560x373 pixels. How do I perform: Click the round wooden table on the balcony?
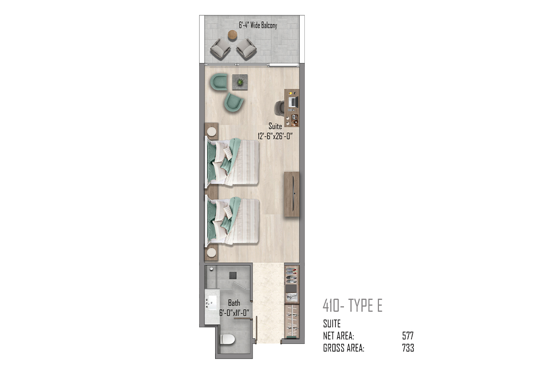coord(232,35)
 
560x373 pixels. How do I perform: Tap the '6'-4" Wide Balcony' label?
coord(258,25)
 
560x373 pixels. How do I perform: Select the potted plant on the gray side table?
coord(240,82)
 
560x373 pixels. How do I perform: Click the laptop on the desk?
coord(293,102)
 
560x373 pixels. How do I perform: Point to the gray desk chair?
coord(280,108)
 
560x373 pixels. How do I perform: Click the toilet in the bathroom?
coord(228,339)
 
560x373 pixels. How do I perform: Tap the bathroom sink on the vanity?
coord(212,303)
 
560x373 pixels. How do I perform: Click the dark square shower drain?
coord(233,275)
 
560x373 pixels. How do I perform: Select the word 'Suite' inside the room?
coord(275,126)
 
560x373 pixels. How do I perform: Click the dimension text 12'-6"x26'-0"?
coord(275,136)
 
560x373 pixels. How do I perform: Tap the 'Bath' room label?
coord(234,303)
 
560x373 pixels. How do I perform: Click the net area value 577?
coord(408,336)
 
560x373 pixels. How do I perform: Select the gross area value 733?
coord(408,348)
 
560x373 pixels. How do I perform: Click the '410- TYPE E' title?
coord(352,305)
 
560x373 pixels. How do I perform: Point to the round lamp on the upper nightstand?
coord(212,131)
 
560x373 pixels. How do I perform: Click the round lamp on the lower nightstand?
coord(211,253)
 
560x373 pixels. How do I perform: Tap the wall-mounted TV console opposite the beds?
coord(292,194)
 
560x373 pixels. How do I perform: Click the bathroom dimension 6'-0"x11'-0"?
coord(234,313)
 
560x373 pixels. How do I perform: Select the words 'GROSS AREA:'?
coord(344,348)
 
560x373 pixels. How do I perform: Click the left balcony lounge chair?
coord(220,48)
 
